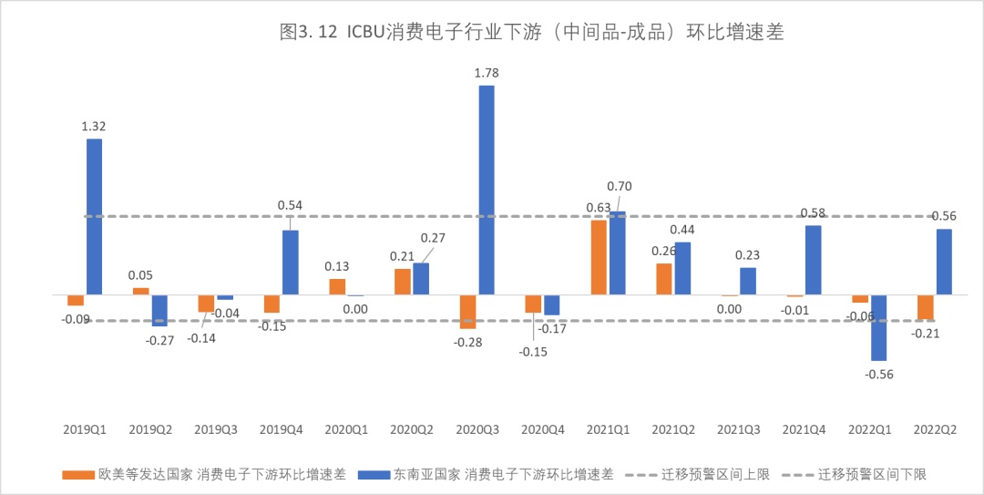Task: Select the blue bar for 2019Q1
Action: point(94,217)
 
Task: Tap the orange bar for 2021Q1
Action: point(599,257)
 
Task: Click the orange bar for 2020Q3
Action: point(467,312)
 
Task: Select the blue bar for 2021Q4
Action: point(814,260)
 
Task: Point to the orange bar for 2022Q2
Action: point(926,307)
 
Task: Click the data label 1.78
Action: point(487,72)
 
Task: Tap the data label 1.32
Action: point(94,126)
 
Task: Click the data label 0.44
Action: point(682,229)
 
